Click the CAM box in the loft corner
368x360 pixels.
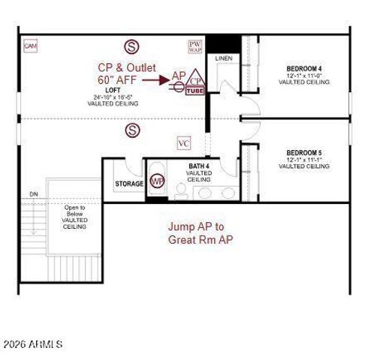31,46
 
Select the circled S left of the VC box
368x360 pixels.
133,131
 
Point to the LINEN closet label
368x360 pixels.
223,58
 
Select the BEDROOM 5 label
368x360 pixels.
303,152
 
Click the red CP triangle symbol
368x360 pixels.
195,78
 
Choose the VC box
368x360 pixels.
184,143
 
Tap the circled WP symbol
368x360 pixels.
157,182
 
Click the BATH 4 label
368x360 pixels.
198,166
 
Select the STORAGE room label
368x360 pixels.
129,184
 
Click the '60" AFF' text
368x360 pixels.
117,79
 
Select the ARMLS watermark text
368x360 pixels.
32,345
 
